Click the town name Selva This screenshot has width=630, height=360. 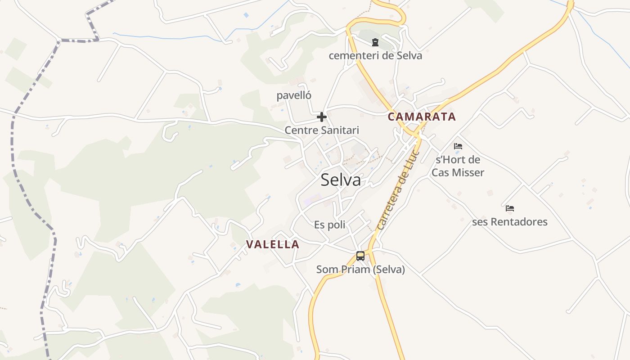(x=341, y=180)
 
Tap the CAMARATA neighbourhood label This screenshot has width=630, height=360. (x=422, y=117)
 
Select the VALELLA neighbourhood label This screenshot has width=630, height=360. (x=273, y=244)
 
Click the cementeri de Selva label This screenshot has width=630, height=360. (x=375, y=56)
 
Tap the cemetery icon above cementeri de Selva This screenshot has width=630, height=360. (x=375, y=43)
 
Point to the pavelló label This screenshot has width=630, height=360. (x=294, y=95)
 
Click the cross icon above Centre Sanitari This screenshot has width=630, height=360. (x=321, y=117)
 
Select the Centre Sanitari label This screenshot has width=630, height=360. (x=322, y=130)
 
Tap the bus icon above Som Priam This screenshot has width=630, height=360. (x=360, y=256)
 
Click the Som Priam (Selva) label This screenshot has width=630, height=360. (x=360, y=270)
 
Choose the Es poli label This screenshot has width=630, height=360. (x=330, y=225)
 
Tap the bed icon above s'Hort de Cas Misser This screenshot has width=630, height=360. (x=458, y=146)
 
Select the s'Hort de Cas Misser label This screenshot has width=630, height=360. (x=458, y=166)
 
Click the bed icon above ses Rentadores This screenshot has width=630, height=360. (x=510, y=208)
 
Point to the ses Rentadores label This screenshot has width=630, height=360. (x=510, y=222)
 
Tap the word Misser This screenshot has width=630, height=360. (x=469, y=172)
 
